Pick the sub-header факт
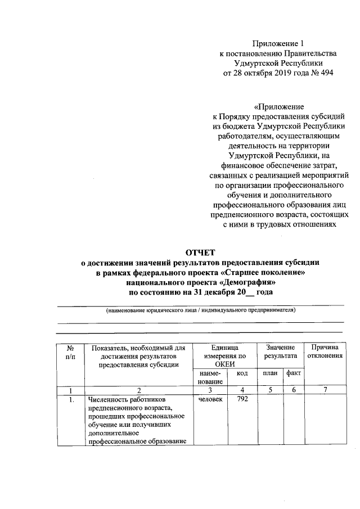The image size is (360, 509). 293,373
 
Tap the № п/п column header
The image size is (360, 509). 71,353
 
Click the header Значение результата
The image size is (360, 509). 281,352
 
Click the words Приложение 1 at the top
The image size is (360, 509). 278,43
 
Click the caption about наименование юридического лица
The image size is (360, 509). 201,310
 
